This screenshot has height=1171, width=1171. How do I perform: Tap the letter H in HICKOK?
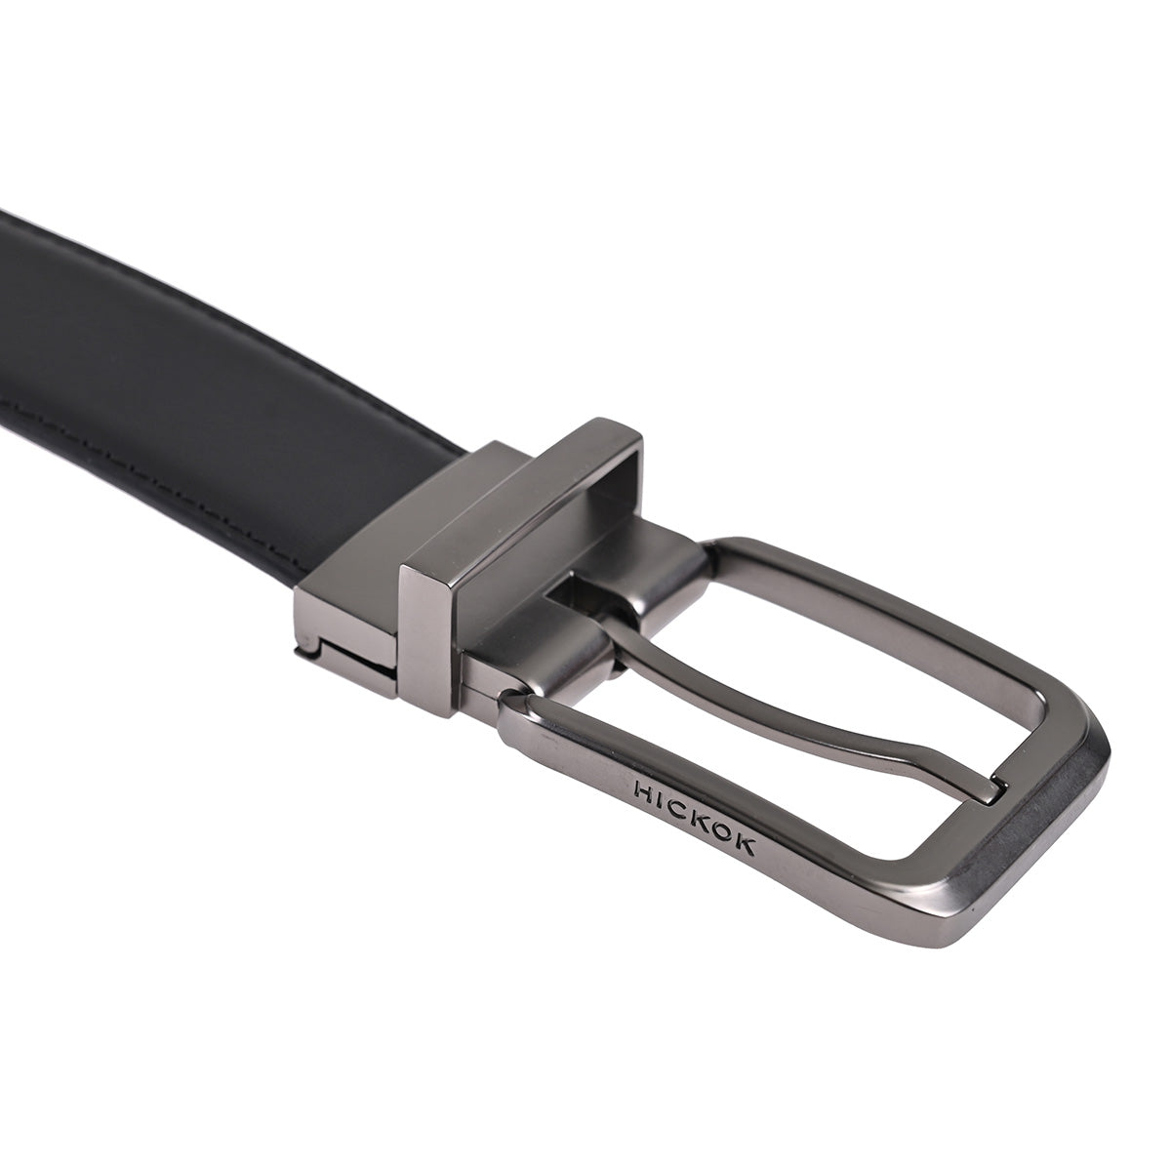pos(643,790)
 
